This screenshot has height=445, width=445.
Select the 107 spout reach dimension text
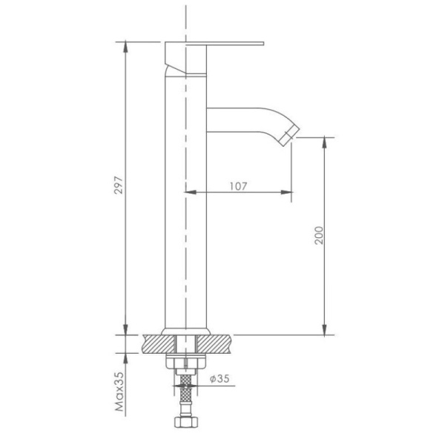[x=238, y=186]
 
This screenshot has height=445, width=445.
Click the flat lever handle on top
[x=215, y=44]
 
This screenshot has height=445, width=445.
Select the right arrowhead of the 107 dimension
[x=289, y=193]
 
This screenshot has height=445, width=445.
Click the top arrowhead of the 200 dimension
[x=324, y=140]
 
